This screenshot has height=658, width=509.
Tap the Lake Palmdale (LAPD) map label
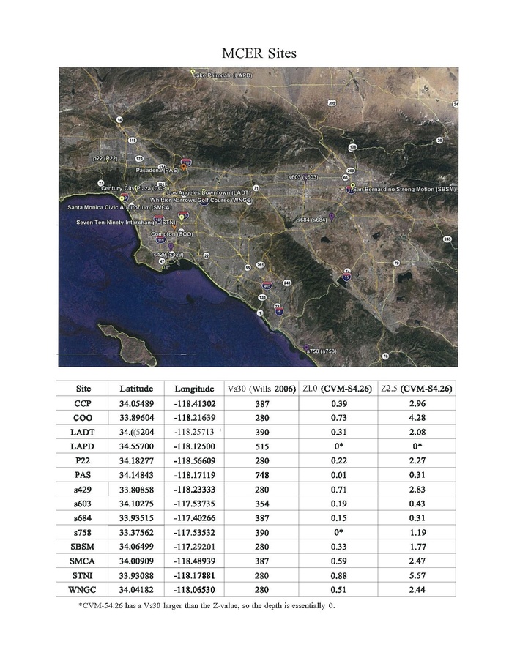[x=223, y=75]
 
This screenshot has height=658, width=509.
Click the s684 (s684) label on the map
[x=312, y=220]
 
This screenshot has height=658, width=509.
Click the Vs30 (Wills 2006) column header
[x=263, y=389]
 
